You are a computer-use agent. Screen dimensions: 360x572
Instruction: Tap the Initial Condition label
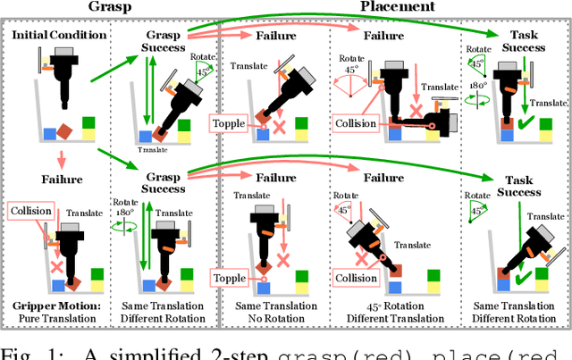click(60, 34)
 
